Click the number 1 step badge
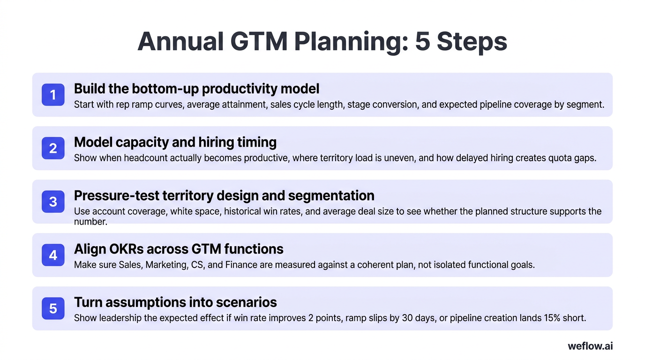53,95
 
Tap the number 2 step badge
53,148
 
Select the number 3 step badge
53,202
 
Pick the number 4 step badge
53,255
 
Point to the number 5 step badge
53,308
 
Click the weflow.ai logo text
590,346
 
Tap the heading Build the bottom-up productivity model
196,88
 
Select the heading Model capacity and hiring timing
175,142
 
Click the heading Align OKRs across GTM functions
179,248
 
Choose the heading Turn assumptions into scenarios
175,302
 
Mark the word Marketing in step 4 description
165,264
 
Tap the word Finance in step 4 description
241,264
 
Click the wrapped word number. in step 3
90,222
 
